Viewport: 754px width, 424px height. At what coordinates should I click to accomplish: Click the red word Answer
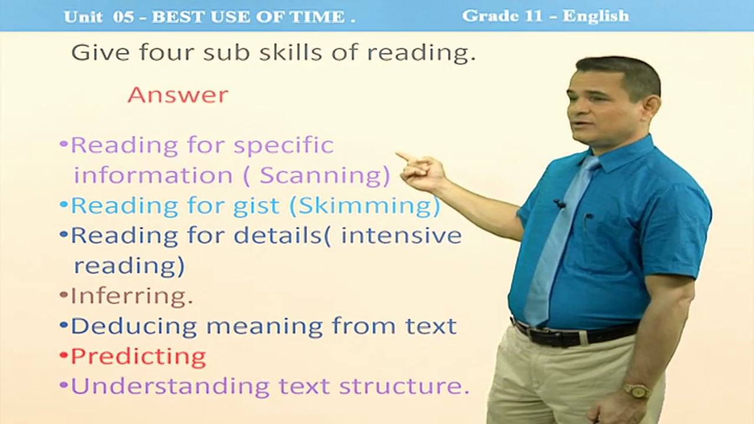coord(178,95)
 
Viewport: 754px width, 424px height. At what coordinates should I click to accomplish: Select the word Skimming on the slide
coord(365,206)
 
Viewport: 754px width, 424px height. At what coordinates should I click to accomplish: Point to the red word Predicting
coord(138,356)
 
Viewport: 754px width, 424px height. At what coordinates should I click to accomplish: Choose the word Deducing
coord(134,326)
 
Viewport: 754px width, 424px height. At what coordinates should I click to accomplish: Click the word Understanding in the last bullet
coord(170,386)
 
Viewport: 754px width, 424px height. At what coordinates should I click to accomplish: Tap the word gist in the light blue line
coord(256,206)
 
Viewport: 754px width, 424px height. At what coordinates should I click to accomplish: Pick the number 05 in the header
coord(124,17)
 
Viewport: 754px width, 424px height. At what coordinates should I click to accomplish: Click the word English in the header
coord(596,16)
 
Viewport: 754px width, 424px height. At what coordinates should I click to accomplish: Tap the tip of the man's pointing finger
coord(397,154)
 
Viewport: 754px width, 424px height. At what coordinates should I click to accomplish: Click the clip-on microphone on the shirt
coord(560,203)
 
